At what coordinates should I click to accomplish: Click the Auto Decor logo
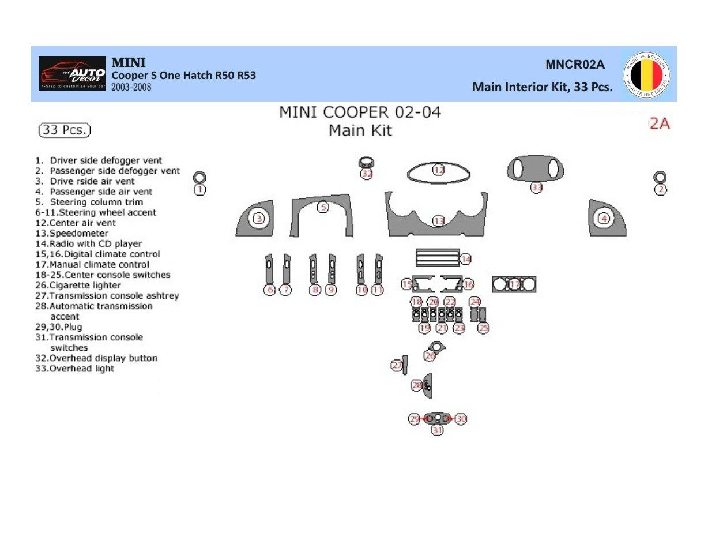73,73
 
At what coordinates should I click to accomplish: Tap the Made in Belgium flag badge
646,75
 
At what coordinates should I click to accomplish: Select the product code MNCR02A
575,65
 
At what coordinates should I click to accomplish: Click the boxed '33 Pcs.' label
65,130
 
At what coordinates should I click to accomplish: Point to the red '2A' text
660,123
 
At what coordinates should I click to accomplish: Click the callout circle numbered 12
439,170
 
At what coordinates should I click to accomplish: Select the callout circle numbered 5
323,207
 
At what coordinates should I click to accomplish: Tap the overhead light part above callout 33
536,168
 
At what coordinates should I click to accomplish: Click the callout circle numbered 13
439,222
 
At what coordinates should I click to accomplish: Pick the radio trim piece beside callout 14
438,257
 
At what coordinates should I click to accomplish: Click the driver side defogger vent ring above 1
199,177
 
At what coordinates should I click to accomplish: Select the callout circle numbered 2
660,189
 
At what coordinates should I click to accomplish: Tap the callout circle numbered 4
604,219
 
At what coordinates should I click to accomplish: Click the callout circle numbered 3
259,219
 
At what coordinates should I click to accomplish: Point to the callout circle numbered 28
417,385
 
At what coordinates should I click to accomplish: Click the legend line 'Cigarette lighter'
78,286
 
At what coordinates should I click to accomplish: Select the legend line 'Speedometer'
72,234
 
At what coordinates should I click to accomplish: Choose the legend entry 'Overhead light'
75,369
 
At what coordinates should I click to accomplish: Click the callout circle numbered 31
438,430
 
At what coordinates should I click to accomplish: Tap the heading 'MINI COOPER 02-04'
360,112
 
